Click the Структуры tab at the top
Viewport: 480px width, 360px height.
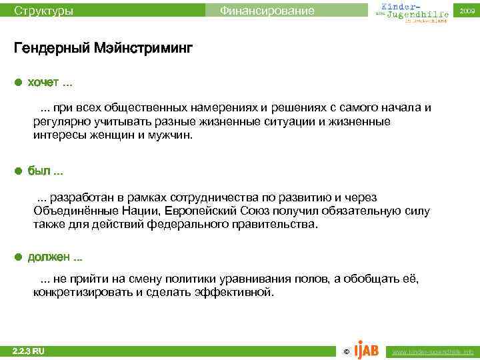pyautogui.click(x=44, y=11)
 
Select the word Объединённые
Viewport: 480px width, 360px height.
pyautogui.click(x=73, y=211)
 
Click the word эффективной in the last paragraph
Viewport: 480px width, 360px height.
pyautogui.click(x=233, y=292)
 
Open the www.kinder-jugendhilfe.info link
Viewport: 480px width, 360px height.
pyautogui.click(x=433, y=351)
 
